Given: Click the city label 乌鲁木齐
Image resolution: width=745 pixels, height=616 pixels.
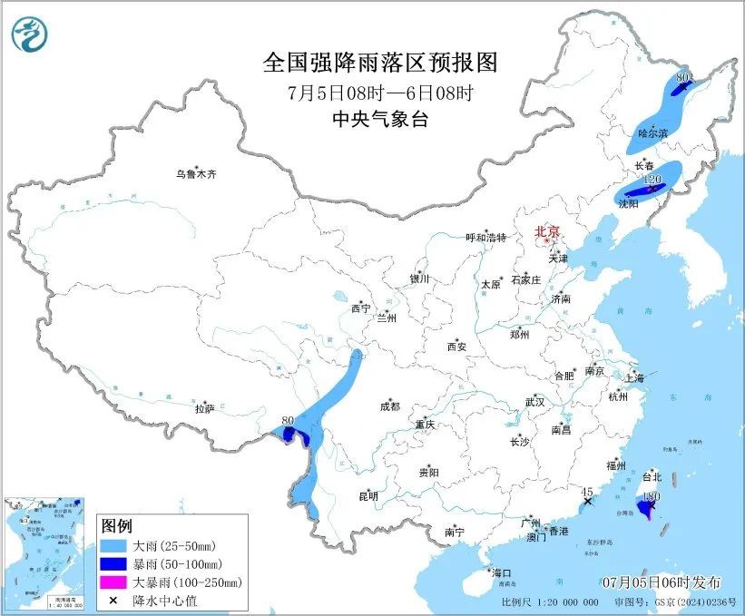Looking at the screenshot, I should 197,173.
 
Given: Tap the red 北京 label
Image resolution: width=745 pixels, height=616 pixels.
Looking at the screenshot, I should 547,231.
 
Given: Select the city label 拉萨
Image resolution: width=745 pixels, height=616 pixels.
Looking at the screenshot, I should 204,409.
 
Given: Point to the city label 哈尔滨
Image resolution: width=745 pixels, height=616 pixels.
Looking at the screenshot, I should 652,133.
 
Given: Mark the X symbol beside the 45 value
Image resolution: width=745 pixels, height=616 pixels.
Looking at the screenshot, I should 587,501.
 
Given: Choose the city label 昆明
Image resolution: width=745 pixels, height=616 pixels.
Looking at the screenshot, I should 368,496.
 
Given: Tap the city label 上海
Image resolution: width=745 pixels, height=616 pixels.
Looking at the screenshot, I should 634,377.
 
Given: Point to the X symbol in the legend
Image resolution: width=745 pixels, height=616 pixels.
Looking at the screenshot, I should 113,600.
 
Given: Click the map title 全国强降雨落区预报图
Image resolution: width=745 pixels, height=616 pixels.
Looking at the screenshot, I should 381,62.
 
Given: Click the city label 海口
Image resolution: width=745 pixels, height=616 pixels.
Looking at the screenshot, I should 502,573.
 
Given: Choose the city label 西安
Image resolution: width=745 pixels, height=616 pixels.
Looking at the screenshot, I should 456,347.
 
